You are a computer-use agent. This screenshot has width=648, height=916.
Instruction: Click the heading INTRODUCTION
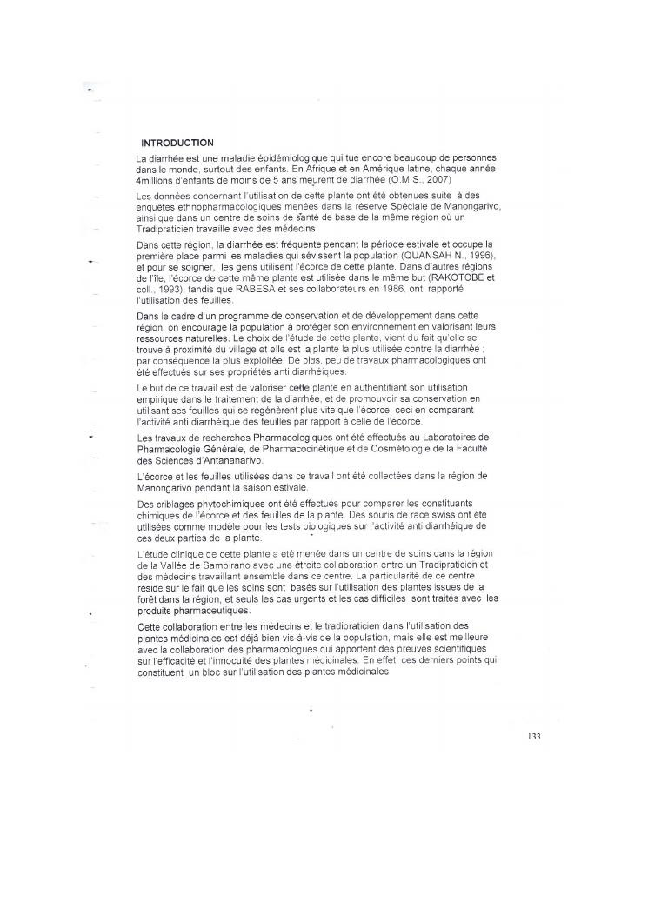click(177, 143)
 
